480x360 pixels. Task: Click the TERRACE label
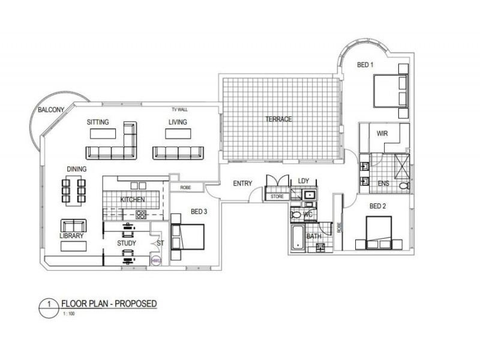pyautogui.click(x=278, y=119)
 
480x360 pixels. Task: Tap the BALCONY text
pyautogui.click(x=51, y=110)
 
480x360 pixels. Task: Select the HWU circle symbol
pyautogui.click(x=157, y=260)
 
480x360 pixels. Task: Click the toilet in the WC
pyautogui.click(x=296, y=215)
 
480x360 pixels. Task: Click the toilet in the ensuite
pyautogui.click(x=404, y=185)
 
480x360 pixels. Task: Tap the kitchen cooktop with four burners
pyautogui.click(x=141, y=214)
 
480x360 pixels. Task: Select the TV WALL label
pyautogui.click(x=179, y=109)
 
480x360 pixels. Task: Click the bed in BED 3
pyautogui.click(x=187, y=237)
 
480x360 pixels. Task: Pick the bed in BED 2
pyautogui.click(x=379, y=233)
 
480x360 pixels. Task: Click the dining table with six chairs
pyautogui.click(x=73, y=191)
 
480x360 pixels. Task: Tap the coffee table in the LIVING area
pyautogui.click(x=178, y=134)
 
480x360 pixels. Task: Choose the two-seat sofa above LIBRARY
pyautogui.click(x=73, y=226)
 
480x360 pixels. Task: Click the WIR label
pyautogui.click(x=382, y=133)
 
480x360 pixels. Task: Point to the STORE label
pyautogui.click(x=277, y=197)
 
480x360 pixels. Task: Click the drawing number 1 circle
pyautogui.click(x=49, y=308)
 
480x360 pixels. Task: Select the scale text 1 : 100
pyautogui.click(x=69, y=313)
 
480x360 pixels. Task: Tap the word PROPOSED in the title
pyautogui.click(x=136, y=304)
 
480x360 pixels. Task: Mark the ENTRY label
pyautogui.click(x=242, y=184)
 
